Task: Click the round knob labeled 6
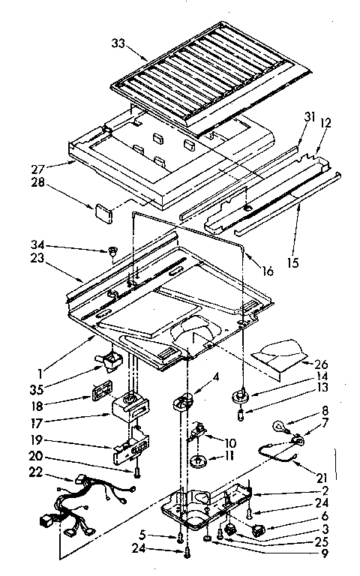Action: (x=260, y=531)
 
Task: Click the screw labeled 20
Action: (x=139, y=472)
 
